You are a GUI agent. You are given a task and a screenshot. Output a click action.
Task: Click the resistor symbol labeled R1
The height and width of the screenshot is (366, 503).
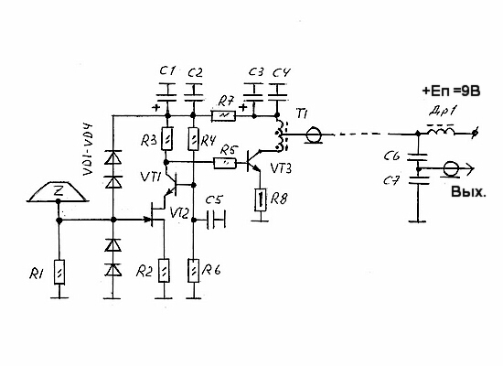(x=59, y=272)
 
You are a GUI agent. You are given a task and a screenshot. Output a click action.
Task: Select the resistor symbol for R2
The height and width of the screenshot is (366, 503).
(x=164, y=271)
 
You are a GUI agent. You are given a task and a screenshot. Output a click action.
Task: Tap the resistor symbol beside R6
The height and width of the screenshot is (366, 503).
(x=193, y=271)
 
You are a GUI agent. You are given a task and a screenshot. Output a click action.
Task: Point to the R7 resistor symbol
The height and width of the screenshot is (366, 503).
(x=223, y=116)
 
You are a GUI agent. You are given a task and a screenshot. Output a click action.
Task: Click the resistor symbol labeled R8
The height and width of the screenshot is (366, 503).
(x=262, y=199)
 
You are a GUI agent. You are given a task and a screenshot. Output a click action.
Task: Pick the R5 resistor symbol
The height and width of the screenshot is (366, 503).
(x=225, y=164)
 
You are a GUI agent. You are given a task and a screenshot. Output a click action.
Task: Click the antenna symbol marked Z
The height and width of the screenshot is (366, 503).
(x=58, y=192)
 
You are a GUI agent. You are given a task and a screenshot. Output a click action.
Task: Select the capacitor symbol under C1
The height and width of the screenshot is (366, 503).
(x=166, y=92)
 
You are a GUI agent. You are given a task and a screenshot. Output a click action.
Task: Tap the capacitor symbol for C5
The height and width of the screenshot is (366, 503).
(x=216, y=220)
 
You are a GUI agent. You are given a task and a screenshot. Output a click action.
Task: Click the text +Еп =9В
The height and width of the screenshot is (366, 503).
(x=452, y=91)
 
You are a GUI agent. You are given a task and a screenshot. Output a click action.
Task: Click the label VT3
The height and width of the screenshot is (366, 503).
(x=281, y=168)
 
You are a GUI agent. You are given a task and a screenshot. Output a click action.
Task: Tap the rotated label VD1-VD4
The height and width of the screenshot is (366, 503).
(x=88, y=150)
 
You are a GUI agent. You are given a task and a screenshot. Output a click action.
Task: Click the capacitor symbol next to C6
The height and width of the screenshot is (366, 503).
(x=417, y=157)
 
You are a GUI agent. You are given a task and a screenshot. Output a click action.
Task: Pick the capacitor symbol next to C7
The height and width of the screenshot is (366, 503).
(x=418, y=180)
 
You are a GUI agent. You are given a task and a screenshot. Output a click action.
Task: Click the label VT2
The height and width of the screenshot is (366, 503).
(x=181, y=212)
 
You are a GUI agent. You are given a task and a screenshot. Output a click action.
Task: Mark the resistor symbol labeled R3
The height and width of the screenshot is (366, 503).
(x=166, y=139)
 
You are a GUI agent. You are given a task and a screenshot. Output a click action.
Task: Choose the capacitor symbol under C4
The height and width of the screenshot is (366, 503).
(x=278, y=92)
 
